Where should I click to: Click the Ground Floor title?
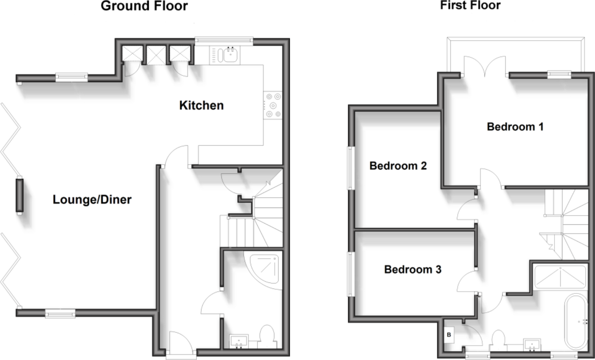pyautogui.click(x=144, y=6)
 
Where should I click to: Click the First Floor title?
pyautogui.click(x=470, y=5)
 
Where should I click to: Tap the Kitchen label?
pyautogui.click(x=201, y=105)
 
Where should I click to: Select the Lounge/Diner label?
pyautogui.click(x=92, y=199)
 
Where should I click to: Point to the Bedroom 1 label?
pyautogui.click(x=515, y=127)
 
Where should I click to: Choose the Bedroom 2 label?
pyautogui.click(x=398, y=166)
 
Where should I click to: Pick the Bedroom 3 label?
pyautogui.click(x=412, y=269)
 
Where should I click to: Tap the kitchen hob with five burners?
pyautogui.click(x=273, y=105)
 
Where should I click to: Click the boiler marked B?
pyautogui.click(x=449, y=335)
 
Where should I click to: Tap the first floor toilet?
pyautogui.click(x=498, y=340)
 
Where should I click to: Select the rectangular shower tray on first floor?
pyautogui.click(x=560, y=277)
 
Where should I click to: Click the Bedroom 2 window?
pyautogui.click(x=350, y=168)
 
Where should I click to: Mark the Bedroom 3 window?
pyautogui.click(x=350, y=274)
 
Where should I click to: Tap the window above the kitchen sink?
pyautogui.click(x=224, y=40)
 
